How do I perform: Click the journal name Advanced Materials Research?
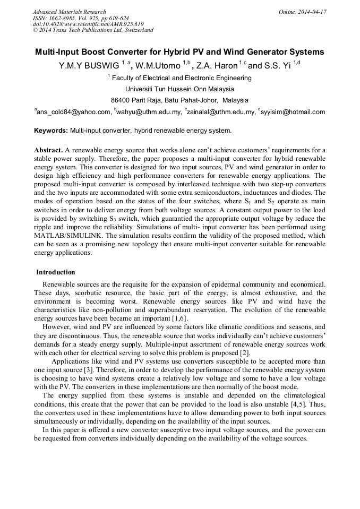[x=69, y=12]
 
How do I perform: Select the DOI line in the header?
[x=88, y=24]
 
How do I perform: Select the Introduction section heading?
[x=56, y=272]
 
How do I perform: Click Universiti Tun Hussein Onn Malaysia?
[x=179, y=89]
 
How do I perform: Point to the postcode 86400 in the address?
[x=121, y=100]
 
